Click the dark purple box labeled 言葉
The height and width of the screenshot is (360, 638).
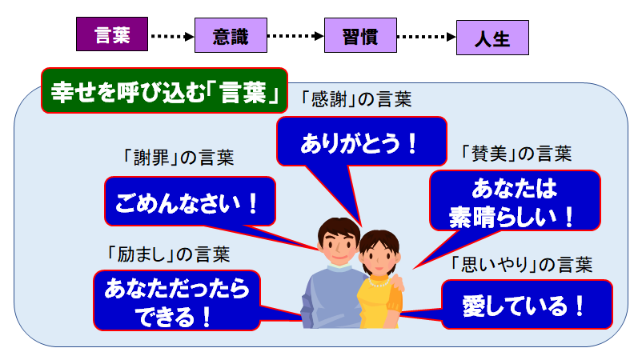click(x=112, y=34)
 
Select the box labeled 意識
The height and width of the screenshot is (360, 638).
click(x=231, y=35)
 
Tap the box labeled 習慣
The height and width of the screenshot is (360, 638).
click(x=360, y=35)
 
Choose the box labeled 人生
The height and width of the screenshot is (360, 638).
click(x=492, y=38)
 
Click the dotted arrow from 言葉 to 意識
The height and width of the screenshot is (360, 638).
click(x=171, y=36)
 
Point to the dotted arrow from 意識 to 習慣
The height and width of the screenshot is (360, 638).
click(x=295, y=36)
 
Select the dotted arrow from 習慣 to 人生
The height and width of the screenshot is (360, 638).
click(x=427, y=37)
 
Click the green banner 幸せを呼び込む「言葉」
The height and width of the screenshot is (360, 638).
click(x=164, y=90)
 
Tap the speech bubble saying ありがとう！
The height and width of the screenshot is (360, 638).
click(x=361, y=142)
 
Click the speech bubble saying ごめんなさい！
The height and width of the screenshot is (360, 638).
click(x=190, y=202)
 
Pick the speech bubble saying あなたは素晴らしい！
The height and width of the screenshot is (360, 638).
click(x=515, y=201)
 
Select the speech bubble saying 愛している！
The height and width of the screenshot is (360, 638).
click(x=527, y=304)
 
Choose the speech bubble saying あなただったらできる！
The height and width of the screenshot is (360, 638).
click(x=177, y=300)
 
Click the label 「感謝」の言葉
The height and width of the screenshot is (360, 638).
click(x=356, y=99)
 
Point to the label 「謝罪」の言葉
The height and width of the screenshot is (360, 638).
click(x=179, y=158)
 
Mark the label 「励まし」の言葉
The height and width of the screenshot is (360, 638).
click(x=168, y=254)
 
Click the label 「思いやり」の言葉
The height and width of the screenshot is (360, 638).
click(x=522, y=265)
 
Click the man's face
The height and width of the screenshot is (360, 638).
click(x=339, y=244)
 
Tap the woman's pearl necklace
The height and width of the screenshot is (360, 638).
click(x=379, y=282)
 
